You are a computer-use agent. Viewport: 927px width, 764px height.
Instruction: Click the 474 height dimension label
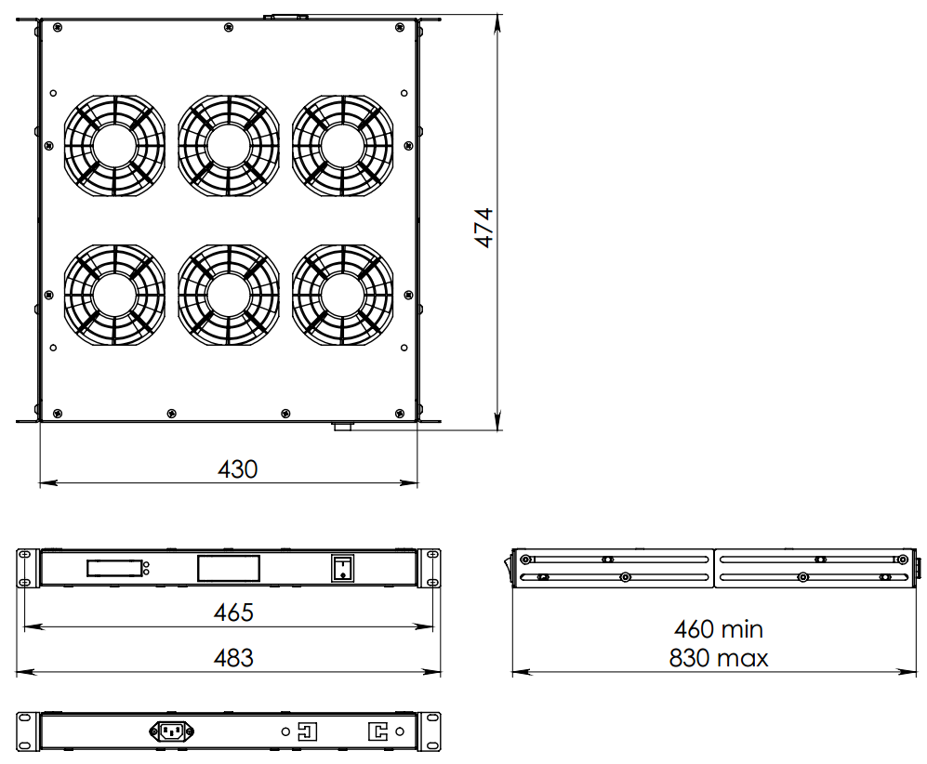click(483, 228)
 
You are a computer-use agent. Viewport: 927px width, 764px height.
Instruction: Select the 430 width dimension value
click(238, 469)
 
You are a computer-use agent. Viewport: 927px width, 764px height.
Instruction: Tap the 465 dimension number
click(233, 613)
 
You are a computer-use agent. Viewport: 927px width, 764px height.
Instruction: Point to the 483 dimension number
click(233, 658)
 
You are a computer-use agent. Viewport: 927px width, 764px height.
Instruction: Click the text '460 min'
click(719, 629)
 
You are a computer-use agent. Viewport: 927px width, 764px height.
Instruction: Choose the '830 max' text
click(719, 658)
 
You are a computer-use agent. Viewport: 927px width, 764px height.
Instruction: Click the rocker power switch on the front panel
click(342, 569)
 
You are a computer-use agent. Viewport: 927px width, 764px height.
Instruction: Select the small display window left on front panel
click(114, 569)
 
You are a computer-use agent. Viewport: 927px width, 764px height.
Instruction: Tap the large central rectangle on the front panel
click(228, 569)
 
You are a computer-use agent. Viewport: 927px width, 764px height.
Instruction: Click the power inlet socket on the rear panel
click(171, 731)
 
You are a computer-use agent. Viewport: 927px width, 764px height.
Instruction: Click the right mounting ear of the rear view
click(430, 731)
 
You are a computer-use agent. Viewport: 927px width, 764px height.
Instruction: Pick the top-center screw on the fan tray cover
click(228, 27)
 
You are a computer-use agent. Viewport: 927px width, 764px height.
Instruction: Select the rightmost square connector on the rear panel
click(377, 731)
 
